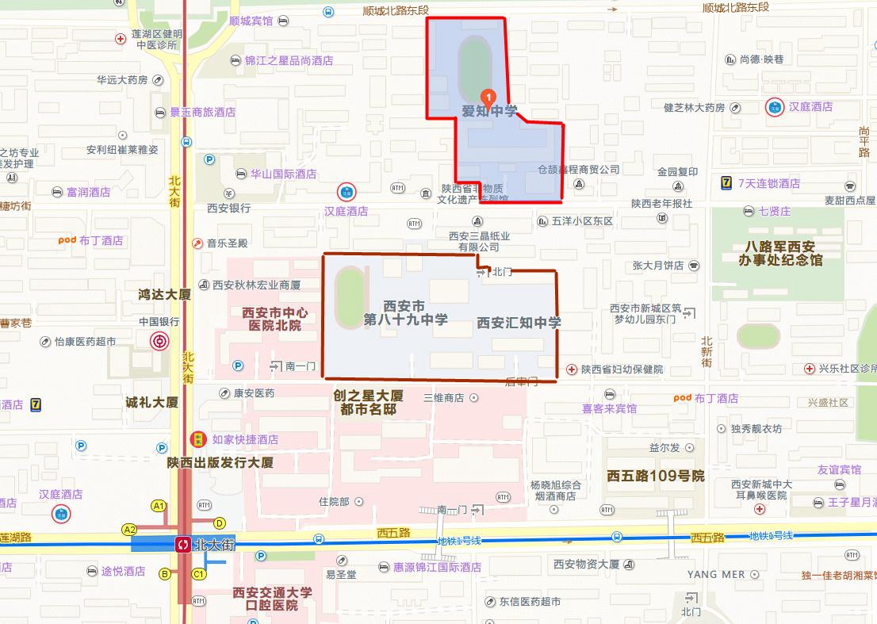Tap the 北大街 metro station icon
183,545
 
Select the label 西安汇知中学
519,323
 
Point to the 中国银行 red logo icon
159,342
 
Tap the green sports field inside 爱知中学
473,63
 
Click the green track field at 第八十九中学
350,298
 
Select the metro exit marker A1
159,506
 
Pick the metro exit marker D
220,523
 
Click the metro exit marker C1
198,573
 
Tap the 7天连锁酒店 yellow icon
725,183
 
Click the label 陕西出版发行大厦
220,462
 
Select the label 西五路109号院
655,477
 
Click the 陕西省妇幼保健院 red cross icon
572,369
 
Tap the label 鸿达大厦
164,295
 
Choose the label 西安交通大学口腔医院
272,599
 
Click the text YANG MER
716,574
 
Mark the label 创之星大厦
368,396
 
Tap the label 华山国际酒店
283,174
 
